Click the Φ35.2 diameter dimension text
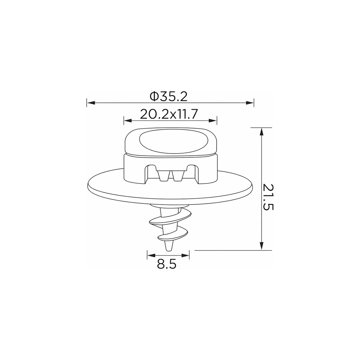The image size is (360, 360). (168, 96)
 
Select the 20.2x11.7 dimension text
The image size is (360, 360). (169, 114)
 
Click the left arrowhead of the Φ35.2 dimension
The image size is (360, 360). (91, 103)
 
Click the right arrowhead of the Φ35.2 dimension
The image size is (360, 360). (250, 103)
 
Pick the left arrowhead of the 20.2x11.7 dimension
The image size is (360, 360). (128, 121)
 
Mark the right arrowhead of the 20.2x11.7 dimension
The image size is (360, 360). (213, 121)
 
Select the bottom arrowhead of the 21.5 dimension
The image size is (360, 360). (261, 246)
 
